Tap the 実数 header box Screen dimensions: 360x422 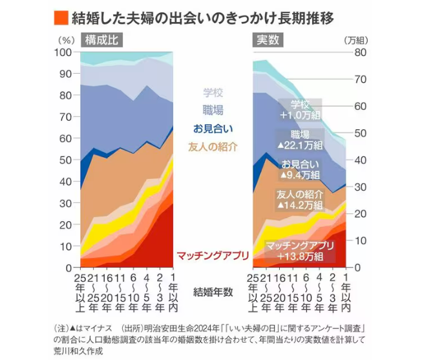pyautogui.click(x=268, y=40)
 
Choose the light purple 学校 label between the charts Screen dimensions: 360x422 pyautogui.click(x=213, y=93)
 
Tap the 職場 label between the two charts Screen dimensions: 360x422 pyautogui.click(x=213, y=111)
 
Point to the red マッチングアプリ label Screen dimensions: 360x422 pyautogui.click(x=212, y=255)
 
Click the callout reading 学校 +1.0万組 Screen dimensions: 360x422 pyautogui.click(x=300, y=109)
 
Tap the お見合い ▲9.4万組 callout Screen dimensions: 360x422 pyautogui.click(x=300, y=169)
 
